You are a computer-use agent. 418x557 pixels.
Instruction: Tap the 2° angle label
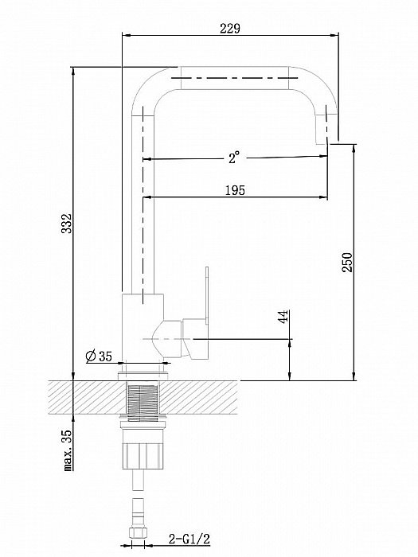[232, 158]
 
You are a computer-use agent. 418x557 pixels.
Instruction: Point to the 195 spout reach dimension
[233, 189]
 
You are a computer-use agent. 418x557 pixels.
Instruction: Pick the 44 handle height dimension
[283, 317]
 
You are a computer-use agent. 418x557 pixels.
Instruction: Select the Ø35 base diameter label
[99, 356]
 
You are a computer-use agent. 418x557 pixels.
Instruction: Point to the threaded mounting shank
[143, 402]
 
